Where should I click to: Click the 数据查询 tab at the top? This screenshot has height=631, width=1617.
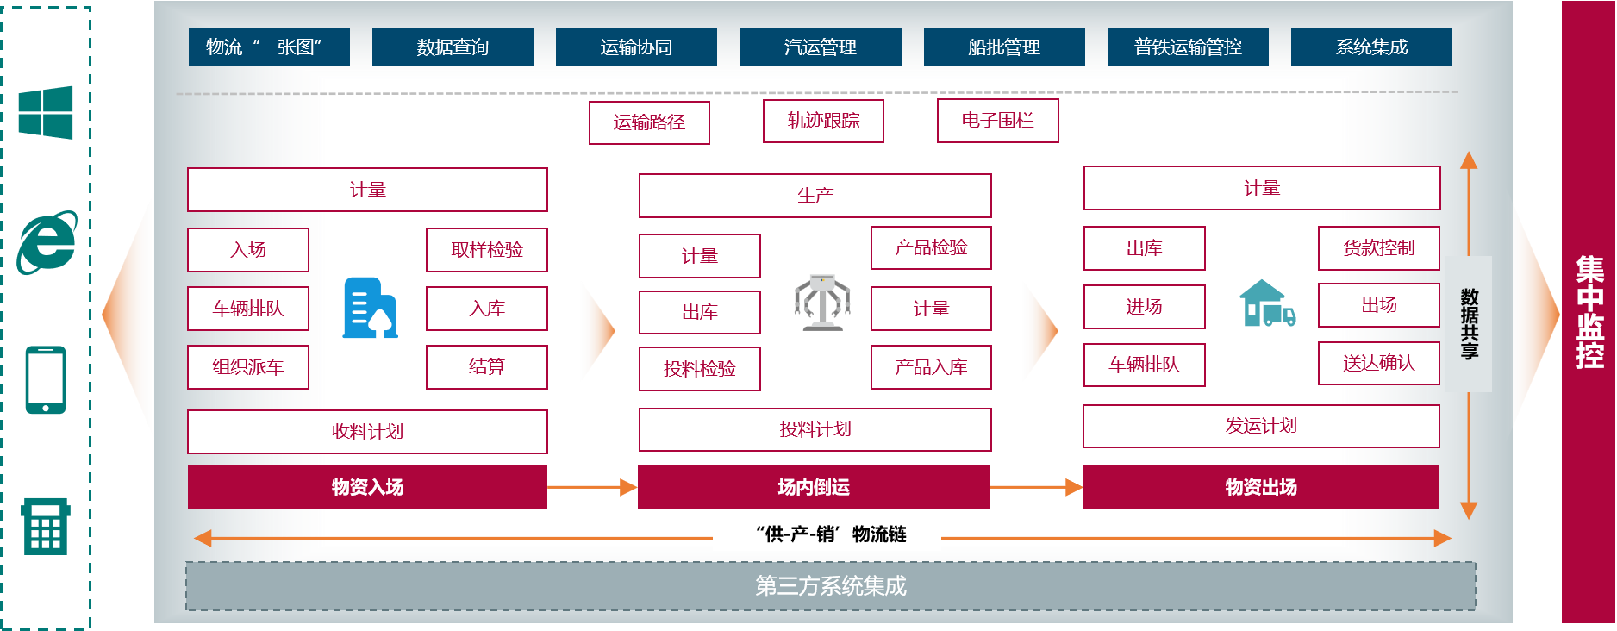tap(453, 47)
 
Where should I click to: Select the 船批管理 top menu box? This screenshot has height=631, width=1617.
tap(1004, 47)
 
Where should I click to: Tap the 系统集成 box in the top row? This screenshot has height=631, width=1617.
tap(1371, 47)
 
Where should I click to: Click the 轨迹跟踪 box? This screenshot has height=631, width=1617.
tap(823, 121)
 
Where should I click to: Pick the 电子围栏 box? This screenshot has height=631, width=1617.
tap(997, 121)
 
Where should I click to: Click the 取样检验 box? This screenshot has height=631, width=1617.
tap(487, 250)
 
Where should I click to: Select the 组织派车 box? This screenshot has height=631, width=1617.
tap(248, 367)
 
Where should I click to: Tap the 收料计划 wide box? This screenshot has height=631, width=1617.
tap(367, 431)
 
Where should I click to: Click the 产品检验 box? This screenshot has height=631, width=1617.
tap(931, 248)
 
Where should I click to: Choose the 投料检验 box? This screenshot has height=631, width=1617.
tap(699, 369)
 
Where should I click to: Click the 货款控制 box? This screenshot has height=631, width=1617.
tap(1378, 248)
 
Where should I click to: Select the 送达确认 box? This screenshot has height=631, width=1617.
tap(1378, 363)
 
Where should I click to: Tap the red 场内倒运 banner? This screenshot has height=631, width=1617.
tap(813, 487)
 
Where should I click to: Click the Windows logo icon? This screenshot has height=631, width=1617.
tap(46, 112)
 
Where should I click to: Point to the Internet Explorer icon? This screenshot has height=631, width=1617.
tap(47, 243)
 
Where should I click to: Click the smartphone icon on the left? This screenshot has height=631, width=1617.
tap(46, 380)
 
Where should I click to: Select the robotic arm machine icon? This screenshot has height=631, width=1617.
tap(821, 303)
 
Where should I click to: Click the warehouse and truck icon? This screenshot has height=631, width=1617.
tap(1266, 304)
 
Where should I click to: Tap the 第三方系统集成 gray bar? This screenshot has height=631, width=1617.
tap(830, 586)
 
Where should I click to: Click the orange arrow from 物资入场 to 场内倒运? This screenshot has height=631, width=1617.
tap(591, 488)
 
